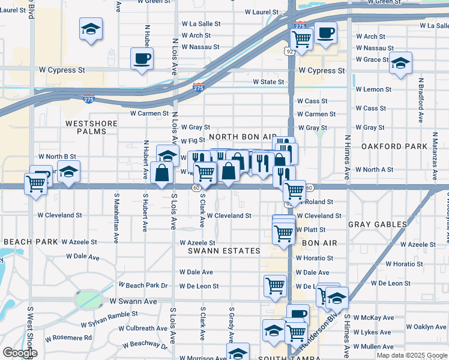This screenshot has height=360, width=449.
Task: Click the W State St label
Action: pyautogui.click(x=268, y=82)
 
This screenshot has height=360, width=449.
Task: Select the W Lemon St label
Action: pyautogui.click(x=373, y=89)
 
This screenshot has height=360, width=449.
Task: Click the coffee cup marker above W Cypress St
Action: pyautogui.click(x=142, y=59)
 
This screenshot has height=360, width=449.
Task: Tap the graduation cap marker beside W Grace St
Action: pyautogui.click(x=400, y=63)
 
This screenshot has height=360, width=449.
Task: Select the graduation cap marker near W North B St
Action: pyautogui.click(x=68, y=172)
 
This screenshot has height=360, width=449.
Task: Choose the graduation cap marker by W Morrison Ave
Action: pyautogui.click(x=238, y=352)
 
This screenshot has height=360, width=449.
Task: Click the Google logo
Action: pyautogui.click(x=20, y=353)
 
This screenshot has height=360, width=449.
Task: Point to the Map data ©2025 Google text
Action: pyautogui.click(x=411, y=355)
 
